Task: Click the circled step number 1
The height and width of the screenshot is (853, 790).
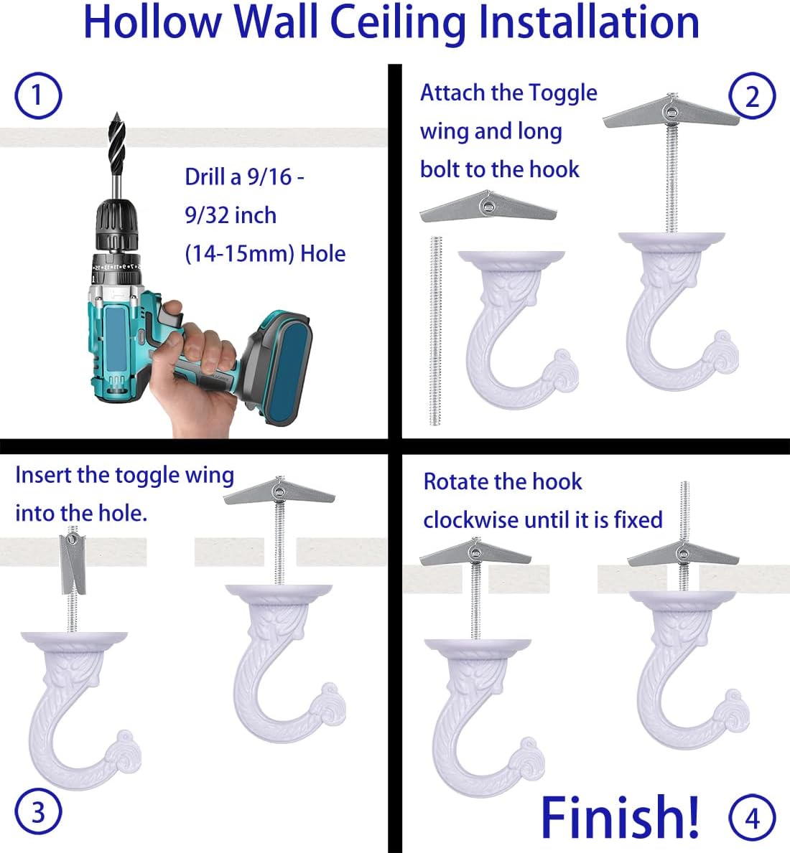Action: coord(37,95)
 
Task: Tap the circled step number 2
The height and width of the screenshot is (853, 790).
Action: coord(752,96)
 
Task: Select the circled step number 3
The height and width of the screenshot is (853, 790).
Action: coord(37,812)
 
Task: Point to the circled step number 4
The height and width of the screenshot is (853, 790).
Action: coord(752,818)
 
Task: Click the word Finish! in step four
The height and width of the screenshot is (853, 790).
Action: coord(620,816)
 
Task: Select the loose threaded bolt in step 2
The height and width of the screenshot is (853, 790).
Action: coord(435,331)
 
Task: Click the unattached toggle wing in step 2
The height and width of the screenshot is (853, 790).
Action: coord(488,206)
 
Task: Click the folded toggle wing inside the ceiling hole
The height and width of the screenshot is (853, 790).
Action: coord(73,563)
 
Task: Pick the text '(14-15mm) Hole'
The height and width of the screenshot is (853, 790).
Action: coord(265,253)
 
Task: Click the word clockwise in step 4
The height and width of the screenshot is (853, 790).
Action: coord(470,519)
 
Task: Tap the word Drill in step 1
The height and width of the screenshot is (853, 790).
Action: coord(205,176)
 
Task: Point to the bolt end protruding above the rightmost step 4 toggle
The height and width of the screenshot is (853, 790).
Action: coord(685,512)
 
